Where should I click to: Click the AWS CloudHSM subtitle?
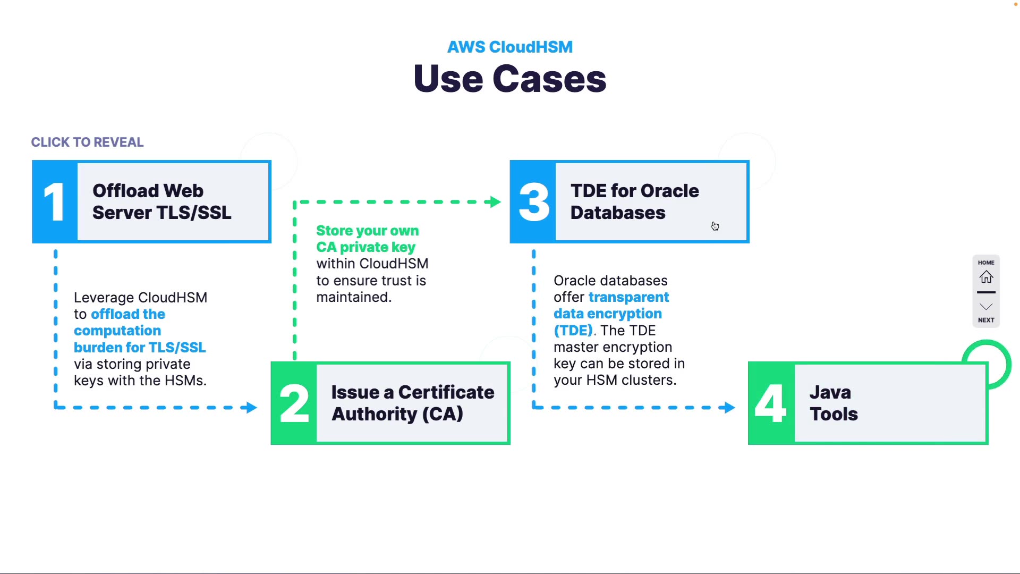[x=509, y=47]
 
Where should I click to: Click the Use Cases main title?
[x=509, y=79]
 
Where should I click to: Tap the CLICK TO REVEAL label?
[x=87, y=142]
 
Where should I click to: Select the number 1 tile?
[x=55, y=202]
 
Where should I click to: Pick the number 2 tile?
[x=294, y=403]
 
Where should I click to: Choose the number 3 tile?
[x=533, y=202]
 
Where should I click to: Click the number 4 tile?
[x=771, y=403]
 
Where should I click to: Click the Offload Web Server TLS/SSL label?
[x=161, y=201]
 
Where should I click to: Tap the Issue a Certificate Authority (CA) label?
[x=412, y=403]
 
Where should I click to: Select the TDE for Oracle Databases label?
[x=634, y=201]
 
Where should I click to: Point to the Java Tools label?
[x=833, y=403]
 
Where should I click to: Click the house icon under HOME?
[x=986, y=277]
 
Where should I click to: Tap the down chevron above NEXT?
[x=986, y=307]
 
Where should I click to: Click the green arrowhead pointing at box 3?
[x=496, y=202]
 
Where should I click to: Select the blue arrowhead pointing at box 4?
[x=729, y=408]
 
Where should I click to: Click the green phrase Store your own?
[x=367, y=231]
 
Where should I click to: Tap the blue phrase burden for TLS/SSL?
[x=140, y=348]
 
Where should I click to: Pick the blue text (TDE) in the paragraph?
[x=573, y=331]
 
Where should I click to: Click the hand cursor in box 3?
[x=715, y=226]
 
